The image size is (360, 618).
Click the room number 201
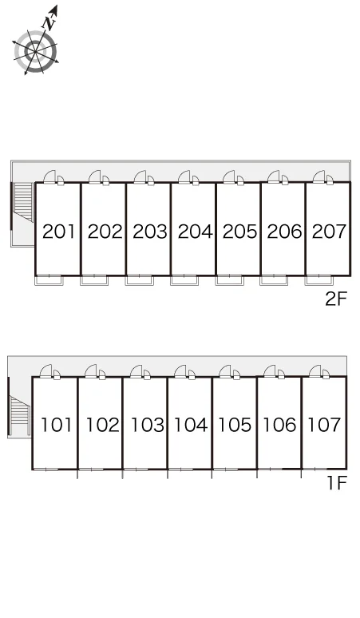(x=58, y=232)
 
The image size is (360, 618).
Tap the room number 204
(x=195, y=232)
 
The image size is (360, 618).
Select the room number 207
(x=329, y=232)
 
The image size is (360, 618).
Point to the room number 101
(x=57, y=425)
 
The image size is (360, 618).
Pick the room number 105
(x=235, y=425)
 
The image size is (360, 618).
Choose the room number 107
(x=324, y=425)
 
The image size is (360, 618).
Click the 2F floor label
(x=336, y=299)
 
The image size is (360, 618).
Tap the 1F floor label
(x=337, y=482)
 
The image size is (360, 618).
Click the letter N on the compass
(x=49, y=22)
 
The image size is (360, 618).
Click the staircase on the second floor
(x=24, y=202)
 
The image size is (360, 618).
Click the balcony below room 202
(x=94, y=280)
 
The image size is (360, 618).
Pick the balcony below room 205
(x=230, y=280)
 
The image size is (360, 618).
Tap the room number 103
(x=148, y=425)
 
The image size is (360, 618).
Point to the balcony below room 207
(x=319, y=280)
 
